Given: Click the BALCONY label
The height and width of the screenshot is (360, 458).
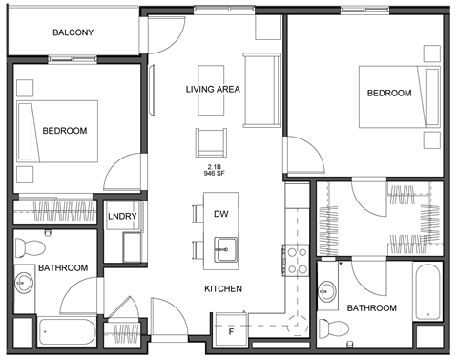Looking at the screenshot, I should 73,32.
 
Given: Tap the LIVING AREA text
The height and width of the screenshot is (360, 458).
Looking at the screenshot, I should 212,90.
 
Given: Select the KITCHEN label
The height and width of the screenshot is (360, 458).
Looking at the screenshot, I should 222,288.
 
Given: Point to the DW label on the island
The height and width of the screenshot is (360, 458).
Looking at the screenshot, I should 221,213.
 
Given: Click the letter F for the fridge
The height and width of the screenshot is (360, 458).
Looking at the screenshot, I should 230,331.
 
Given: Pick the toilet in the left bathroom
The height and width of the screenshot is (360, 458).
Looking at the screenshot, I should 29,247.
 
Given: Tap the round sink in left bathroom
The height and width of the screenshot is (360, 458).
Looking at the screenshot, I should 23,284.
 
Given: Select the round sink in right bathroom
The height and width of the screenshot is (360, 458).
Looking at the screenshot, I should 328,290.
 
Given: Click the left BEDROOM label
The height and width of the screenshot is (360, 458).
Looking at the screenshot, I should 65,131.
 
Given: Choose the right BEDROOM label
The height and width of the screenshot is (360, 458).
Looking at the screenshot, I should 389,94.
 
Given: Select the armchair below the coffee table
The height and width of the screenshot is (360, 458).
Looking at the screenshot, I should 212,142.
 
